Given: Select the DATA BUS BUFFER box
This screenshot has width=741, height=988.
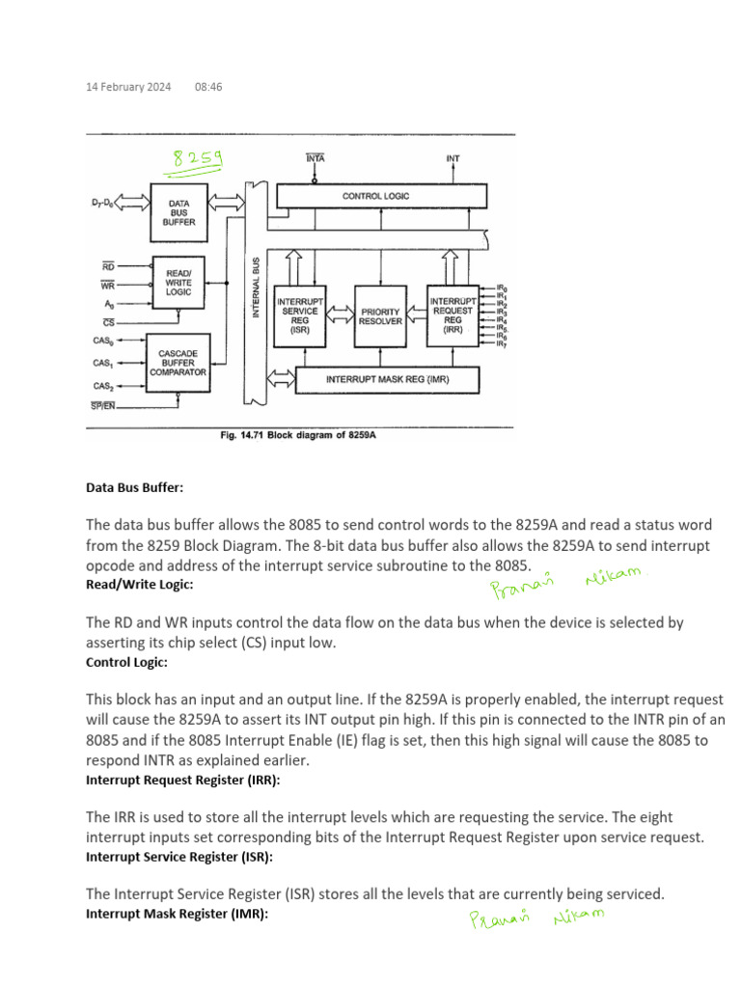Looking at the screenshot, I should tap(180, 211).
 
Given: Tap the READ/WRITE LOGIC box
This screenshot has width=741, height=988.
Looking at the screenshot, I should tap(180, 282).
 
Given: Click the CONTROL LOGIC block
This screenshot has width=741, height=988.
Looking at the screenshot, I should tap(375, 196).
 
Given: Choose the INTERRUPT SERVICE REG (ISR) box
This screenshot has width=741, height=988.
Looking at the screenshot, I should tap(300, 316).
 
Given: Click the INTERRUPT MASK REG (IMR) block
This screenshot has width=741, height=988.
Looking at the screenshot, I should tap(387, 380).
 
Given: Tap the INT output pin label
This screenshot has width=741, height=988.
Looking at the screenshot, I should tap(453, 157).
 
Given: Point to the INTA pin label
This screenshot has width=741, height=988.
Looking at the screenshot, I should tap(315, 157).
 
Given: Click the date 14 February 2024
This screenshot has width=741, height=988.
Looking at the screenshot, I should tap(128, 87).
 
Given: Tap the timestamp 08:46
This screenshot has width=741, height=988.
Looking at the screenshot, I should tap(208, 87).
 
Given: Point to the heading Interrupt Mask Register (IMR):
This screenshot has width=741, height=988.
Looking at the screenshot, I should tap(177, 913).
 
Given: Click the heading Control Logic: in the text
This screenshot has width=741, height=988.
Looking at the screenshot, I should tap(126, 663).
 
